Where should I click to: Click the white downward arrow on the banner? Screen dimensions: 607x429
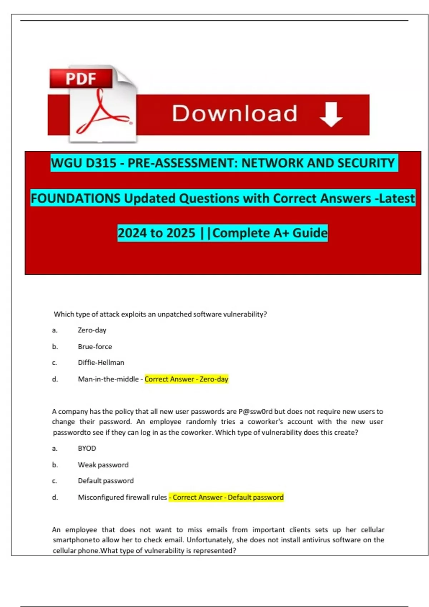(331, 114)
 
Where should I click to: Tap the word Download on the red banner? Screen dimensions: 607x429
(235, 114)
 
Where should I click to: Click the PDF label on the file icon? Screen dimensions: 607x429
(81, 79)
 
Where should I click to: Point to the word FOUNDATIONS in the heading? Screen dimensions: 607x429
(75, 199)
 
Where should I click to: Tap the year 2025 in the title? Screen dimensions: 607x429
(181, 233)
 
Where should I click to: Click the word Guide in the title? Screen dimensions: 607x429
(310, 233)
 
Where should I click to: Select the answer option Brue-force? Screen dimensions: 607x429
(95, 347)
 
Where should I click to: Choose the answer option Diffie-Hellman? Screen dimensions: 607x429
(101, 363)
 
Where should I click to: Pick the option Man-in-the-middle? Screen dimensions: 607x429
(108, 379)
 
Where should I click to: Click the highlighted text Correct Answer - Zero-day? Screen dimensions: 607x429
(186, 379)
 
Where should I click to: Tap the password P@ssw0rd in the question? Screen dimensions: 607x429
(255, 412)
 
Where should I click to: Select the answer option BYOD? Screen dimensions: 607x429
(87, 448)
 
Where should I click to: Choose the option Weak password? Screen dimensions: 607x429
(103, 465)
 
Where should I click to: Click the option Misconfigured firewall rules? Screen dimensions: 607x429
(122, 497)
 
